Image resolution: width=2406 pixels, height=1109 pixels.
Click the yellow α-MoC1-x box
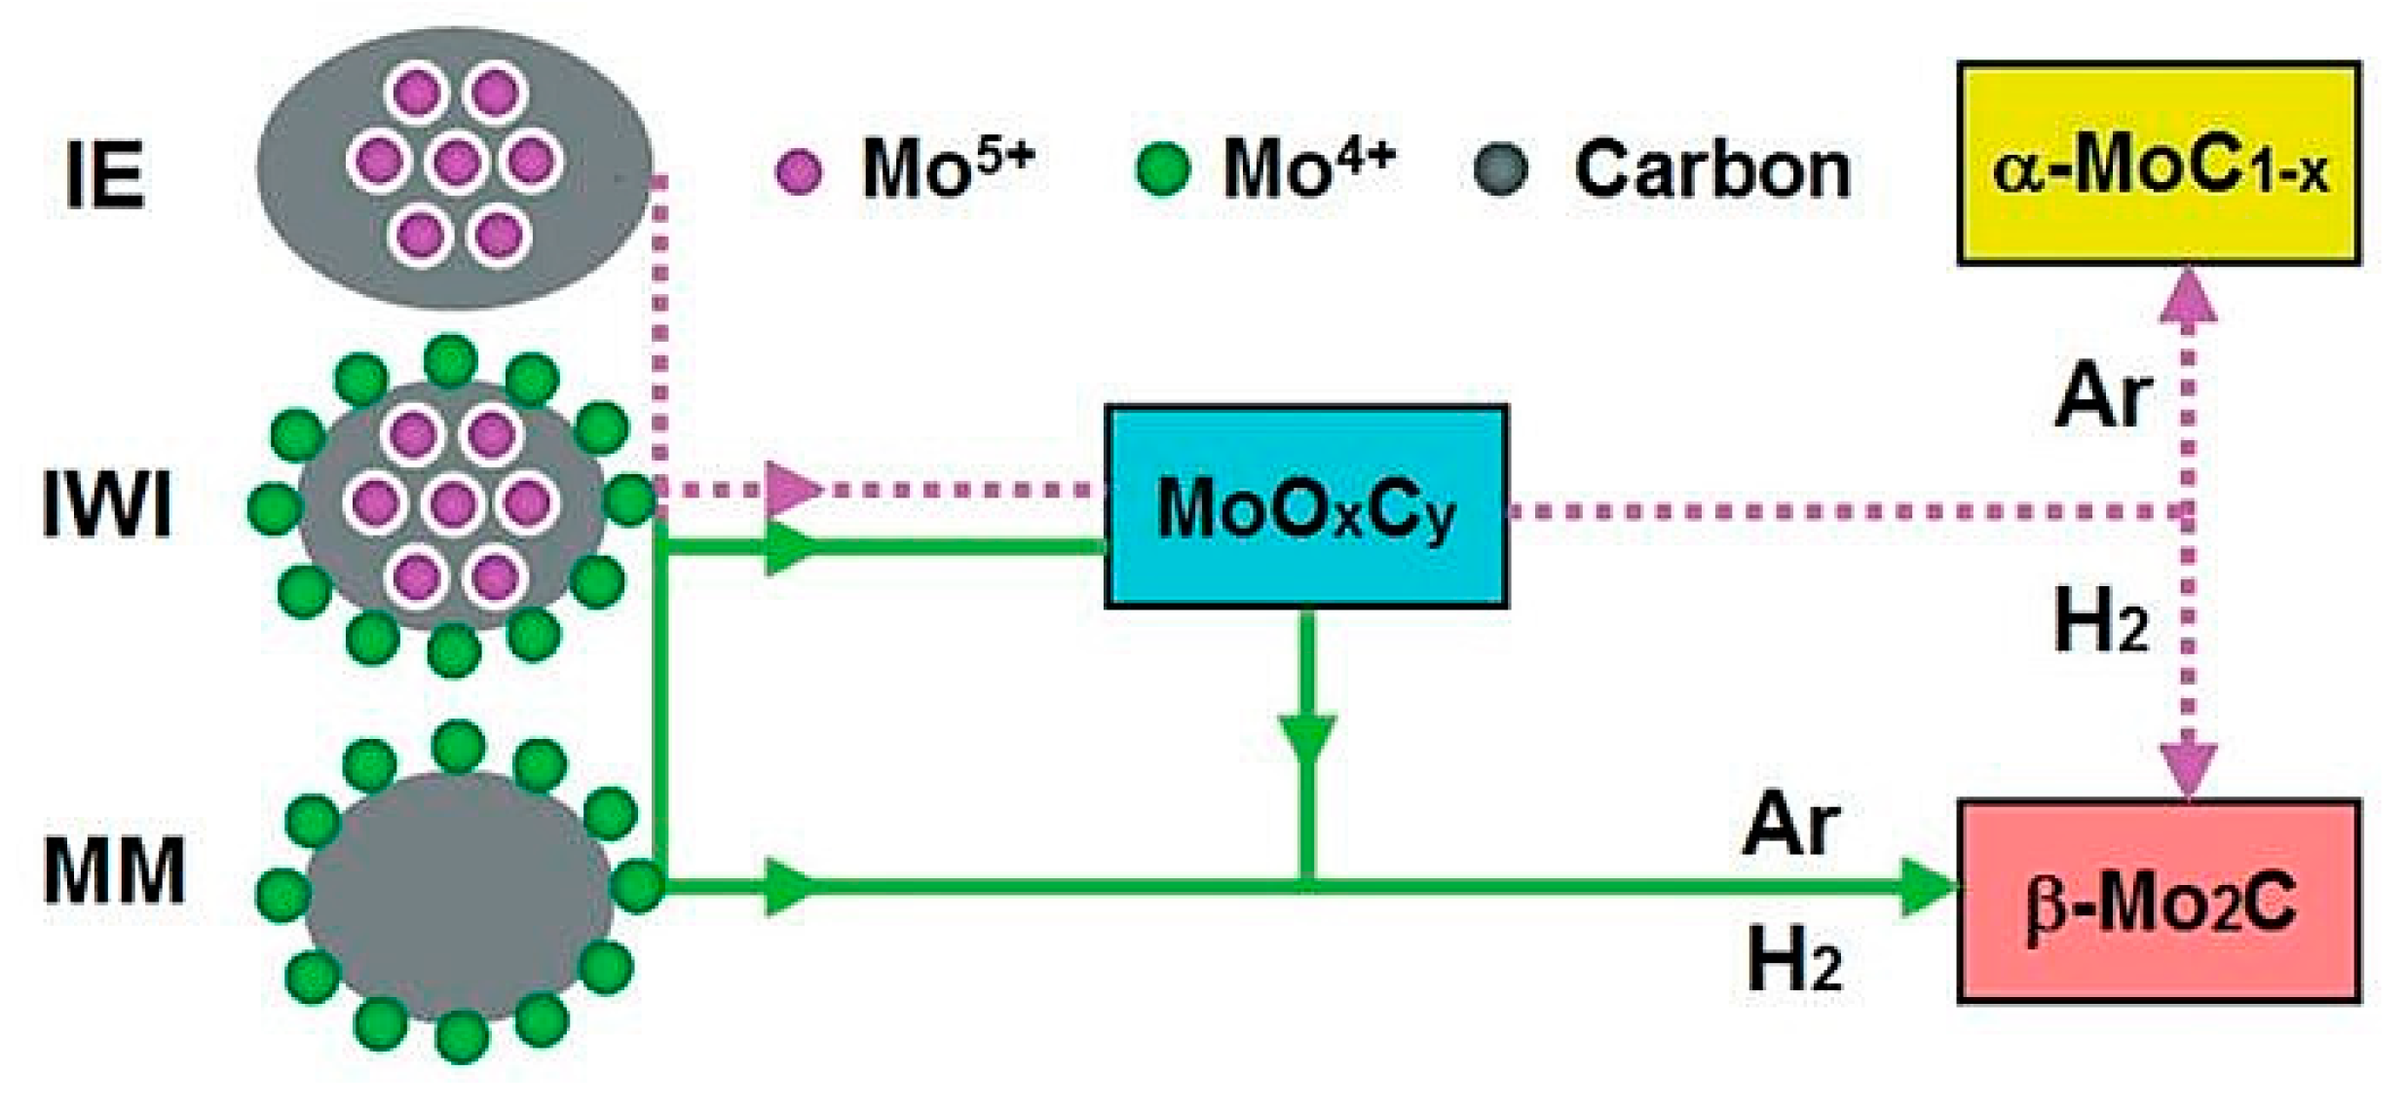(x=2158, y=164)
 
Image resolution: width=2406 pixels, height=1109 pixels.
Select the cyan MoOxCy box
(x=1306, y=506)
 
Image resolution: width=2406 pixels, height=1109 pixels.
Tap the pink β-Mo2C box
(x=2158, y=901)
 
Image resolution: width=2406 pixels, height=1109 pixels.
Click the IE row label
(x=105, y=175)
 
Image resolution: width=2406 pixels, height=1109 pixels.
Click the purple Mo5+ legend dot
(x=799, y=172)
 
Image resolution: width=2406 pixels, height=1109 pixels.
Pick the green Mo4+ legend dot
(x=1163, y=168)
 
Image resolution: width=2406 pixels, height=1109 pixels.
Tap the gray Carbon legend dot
(x=1501, y=169)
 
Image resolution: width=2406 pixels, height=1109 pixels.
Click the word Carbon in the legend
(x=1711, y=170)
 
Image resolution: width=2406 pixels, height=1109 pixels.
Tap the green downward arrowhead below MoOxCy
(x=1307, y=740)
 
